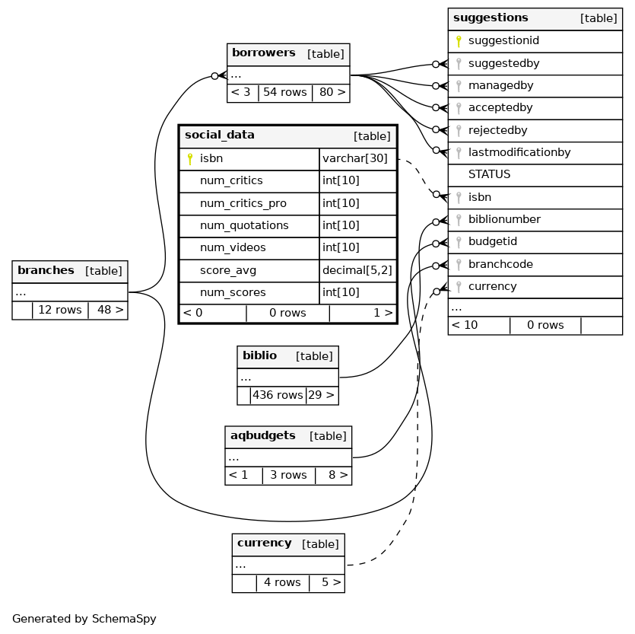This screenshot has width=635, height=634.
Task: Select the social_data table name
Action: tap(220, 135)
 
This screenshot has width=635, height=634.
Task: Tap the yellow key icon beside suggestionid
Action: tap(459, 41)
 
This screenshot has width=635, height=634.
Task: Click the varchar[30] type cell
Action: tap(355, 159)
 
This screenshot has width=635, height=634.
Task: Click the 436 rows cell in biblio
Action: tap(278, 396)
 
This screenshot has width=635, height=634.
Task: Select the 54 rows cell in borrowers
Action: tap(284, 93)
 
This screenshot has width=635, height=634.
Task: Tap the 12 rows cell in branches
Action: tap(59, 311)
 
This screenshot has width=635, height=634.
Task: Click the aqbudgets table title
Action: tap(262, 436)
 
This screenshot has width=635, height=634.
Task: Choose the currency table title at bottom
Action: tap(264, 543)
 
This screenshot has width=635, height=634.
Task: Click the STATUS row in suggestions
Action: tap(489, 175)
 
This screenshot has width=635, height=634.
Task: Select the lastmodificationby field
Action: tap(519, 153)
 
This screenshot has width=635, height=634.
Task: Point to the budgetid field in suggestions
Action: tap(492, 242)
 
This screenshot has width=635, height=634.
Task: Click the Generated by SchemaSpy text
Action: tap(84, 620)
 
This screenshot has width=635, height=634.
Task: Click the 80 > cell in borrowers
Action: tap(332, 93)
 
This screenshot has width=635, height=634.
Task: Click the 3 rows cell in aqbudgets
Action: tap(288, 476)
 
